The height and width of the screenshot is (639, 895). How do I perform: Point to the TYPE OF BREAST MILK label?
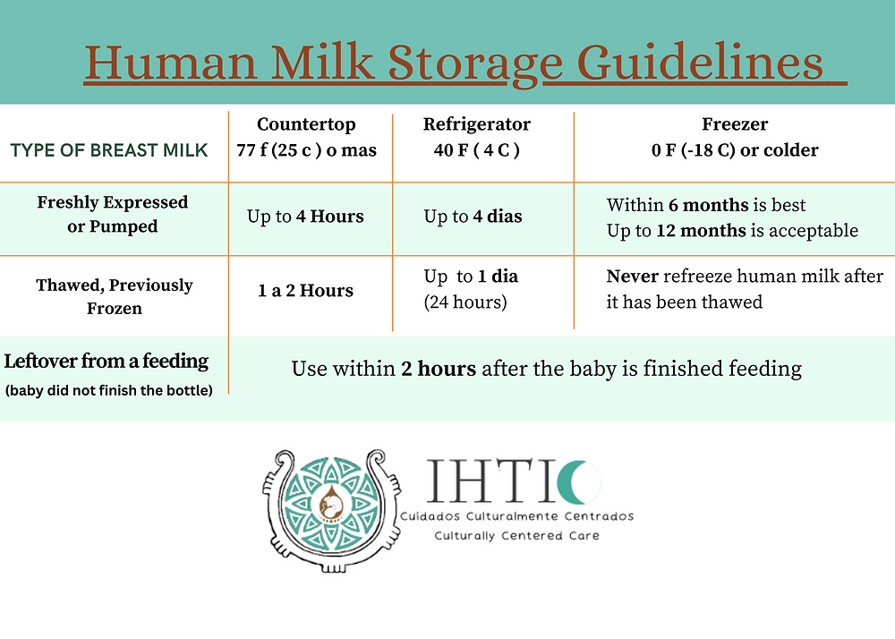point(109,149)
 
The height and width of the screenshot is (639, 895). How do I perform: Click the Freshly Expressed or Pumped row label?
point(113,215)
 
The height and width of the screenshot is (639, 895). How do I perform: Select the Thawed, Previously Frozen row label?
point(114,296)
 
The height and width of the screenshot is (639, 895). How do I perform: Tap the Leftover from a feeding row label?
point(107,362)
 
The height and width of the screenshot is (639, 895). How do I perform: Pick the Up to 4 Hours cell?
point(305,217)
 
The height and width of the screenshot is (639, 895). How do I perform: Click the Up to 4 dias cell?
point(473,217)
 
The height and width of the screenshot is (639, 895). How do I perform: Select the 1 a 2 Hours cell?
point(305,291)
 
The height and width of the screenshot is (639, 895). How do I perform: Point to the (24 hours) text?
point(465,302)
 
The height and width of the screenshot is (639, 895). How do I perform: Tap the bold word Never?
point(633,277)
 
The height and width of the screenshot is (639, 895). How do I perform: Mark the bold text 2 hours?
point(439,369)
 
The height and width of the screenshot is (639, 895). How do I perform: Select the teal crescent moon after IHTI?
point(575,482)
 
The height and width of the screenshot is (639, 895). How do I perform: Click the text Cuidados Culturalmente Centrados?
point(516,516)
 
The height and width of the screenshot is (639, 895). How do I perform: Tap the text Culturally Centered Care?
point(516,535)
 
